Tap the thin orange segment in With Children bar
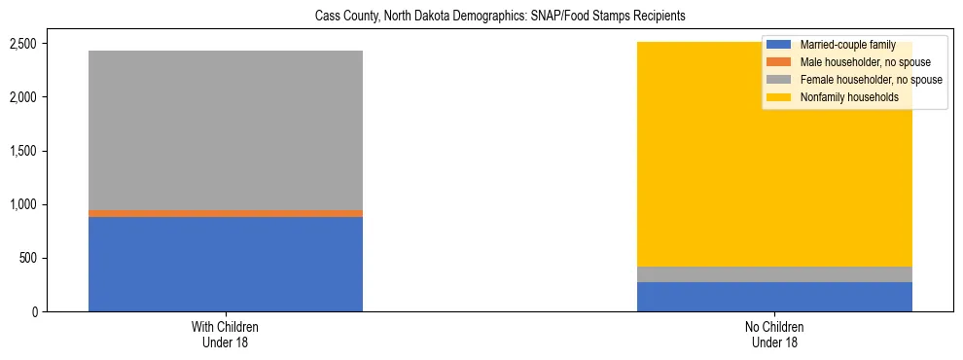(226, 213)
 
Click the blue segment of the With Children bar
(226, 264)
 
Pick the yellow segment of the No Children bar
(774, 185)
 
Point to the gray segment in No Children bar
(774, 274)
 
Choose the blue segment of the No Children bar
(774, 297)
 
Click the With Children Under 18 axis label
(226, 334)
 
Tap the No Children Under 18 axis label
(774, 334)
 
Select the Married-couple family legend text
(846, 45)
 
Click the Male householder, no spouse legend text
(858, 62)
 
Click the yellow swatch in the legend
(779, 97)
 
